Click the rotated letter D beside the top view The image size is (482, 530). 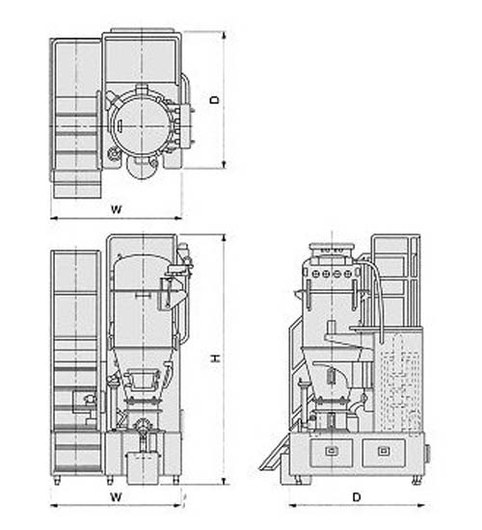click(214, 100)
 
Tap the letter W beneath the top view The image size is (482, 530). click(116, 209)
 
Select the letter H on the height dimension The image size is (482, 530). click(216, 358)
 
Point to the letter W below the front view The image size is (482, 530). click(116, 497)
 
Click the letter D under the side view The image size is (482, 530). click(357, 497)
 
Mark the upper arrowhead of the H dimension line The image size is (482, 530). click(224, 238)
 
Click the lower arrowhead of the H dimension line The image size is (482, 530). click(224, 481)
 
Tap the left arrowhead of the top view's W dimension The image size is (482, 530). click(54, 218)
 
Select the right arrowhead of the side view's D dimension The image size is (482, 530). click(420, 505)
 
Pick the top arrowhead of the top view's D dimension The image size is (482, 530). click(224, 35)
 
